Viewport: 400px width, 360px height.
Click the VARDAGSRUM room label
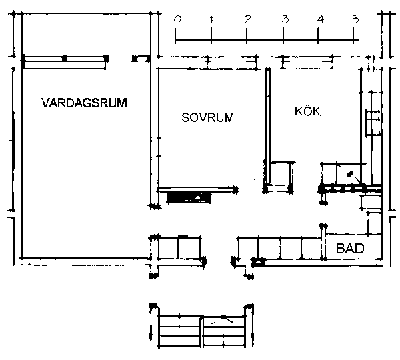84,103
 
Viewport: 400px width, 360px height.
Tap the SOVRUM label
207,117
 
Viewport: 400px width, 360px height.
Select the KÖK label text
307,111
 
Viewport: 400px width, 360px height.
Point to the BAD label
350,248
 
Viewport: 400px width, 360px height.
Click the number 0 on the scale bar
177,19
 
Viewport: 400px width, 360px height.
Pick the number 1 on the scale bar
211,19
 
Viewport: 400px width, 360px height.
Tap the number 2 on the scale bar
248,19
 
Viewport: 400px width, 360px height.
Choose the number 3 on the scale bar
285,19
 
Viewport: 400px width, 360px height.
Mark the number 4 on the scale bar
320,19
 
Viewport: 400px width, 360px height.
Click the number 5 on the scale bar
355,19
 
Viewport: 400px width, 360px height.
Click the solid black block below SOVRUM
189,197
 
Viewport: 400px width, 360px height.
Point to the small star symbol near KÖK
350,175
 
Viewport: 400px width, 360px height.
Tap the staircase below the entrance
202,327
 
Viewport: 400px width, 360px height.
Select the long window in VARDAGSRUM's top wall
65,59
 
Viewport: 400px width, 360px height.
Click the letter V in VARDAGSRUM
45,103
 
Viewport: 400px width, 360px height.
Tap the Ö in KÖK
307,111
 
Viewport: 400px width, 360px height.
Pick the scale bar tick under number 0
175,36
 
